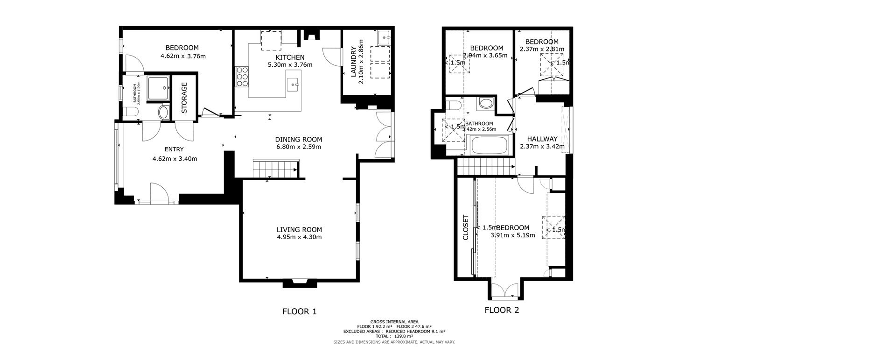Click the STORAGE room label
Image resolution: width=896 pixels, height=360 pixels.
point(184,98)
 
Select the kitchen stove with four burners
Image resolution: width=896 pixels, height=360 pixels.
point(242,77)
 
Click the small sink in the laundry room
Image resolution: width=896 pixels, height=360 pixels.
point(384,36)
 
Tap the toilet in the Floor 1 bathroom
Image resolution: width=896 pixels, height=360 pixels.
point(131,112)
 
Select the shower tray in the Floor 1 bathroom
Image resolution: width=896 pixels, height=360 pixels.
point(158,89)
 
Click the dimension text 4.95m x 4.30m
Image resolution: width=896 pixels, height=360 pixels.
point(299,237)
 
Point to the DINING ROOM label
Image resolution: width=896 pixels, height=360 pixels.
point(299,139)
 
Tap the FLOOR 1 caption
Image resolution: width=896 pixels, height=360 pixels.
point(300,311)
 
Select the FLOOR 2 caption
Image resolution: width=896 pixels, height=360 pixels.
point(502,310)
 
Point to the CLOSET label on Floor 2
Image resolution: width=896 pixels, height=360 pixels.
point(465,227)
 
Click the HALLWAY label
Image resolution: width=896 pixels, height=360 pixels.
point(542,139)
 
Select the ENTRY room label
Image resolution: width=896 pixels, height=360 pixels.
point(174,149)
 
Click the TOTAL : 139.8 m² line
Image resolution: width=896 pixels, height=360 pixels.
point(394,336)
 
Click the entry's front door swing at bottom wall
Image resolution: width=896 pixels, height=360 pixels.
point(158,191)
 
